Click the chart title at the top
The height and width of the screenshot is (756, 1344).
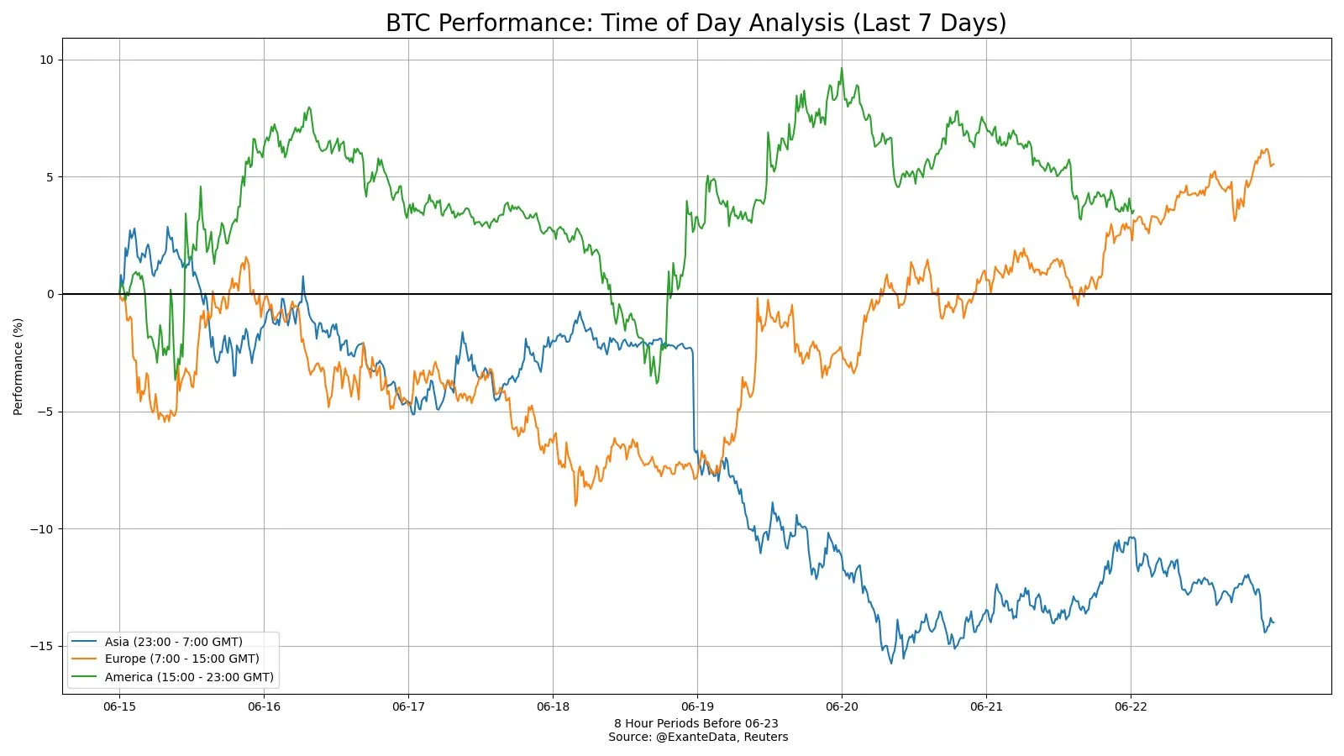coord(696,23)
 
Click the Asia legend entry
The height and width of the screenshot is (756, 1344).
coord(173,642)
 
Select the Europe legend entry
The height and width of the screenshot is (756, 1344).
coord(181,659)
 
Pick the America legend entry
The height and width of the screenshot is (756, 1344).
coord(189,677)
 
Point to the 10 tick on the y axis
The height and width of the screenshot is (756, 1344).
coord(45,60)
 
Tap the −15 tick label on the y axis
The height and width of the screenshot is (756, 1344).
coord(41,646)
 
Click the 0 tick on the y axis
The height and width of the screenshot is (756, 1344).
coord(50,294)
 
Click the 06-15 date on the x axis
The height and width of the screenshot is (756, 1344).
coord(119,706)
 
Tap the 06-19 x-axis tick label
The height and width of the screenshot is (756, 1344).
coord(697,706)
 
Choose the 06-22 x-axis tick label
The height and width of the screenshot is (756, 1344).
coord(1131,706)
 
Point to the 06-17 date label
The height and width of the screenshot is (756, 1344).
coord(408,706)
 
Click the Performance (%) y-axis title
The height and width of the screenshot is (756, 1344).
coord(18,366)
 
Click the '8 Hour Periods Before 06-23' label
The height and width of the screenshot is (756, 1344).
coord(696,723)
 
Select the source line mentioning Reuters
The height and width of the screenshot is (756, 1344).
coord(698,738)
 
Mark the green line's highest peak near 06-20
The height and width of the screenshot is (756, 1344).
coord(842,69)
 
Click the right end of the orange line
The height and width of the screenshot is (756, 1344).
coord(1273,165)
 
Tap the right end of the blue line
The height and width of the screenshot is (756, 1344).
coord(1273,622)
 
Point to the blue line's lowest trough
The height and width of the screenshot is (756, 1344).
coord(892,664)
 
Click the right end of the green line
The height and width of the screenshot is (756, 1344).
coord(1133,211)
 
